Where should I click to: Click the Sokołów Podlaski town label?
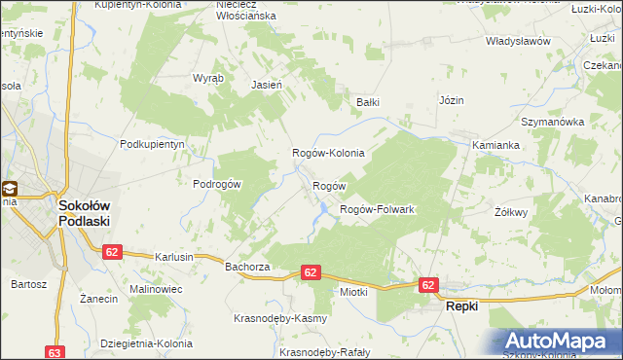(x=83, y=213)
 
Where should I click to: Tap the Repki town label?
(x=463, y=306)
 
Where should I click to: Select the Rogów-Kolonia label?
(x=329, y=153)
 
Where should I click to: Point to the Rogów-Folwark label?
(x=377, y=209)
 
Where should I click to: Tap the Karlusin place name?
(x=174, y=257)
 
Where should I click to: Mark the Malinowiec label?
(x=129, y=290)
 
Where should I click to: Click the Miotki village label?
(x=352, y=291)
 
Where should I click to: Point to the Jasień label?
(x=267, y=85)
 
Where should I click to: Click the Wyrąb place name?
(x=208, y=77)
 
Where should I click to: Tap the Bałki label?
(x=367, y=101)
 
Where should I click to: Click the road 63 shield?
(x=55, y=351)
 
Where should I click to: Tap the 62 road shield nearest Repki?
(x=429, y=284)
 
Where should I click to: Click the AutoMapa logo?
(x=559, y=342)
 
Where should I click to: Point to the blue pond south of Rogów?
(x=318, y=210)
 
